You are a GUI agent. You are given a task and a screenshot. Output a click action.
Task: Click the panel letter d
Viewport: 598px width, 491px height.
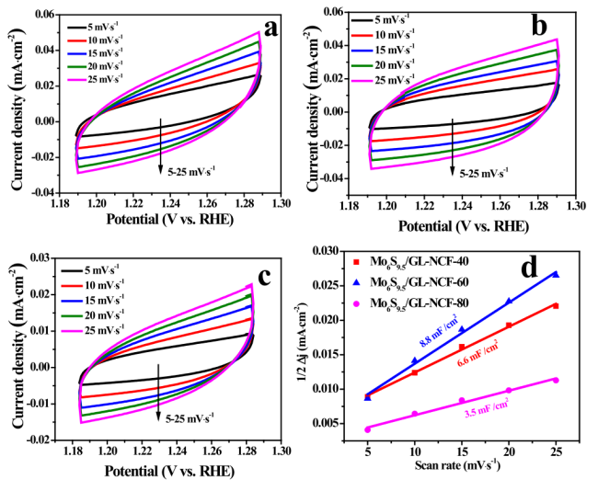pos(554,268)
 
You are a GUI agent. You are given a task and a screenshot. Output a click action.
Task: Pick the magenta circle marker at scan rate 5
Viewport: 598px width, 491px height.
pos(368,429)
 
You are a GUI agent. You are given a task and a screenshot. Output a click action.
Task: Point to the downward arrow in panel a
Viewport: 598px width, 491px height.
pos(161,146)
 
